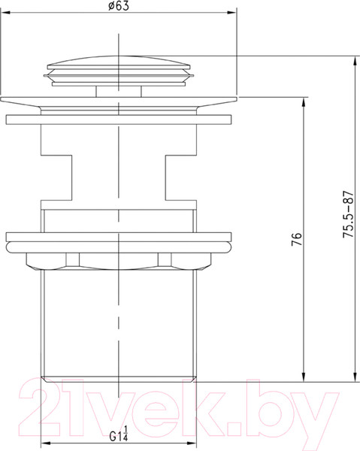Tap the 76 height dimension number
pyautogui.click(x=298, y=241)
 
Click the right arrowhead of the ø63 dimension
pyautogui.click(x=234, y=14)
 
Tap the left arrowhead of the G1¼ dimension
pyautogui.click(x=43, y=443)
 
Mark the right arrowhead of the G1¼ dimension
pyautogui.click(x=196, y=443)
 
